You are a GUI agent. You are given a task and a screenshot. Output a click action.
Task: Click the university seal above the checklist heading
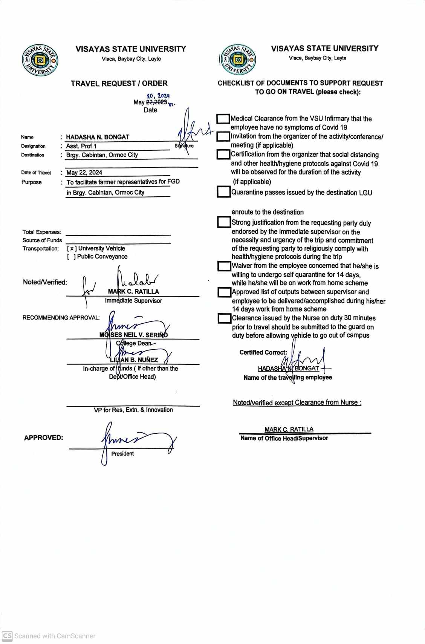(x=237, y=60)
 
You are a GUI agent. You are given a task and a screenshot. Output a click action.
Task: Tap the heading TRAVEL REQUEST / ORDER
(x=119, y=83)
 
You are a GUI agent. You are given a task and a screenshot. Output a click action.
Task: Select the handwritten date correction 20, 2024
(x=158, y=96)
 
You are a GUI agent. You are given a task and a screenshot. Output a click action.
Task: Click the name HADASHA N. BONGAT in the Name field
(x=98, y=137)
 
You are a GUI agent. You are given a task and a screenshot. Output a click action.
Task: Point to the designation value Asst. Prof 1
(x=81, y=146)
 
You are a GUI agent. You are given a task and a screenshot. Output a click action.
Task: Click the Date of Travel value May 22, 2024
(x=84, y=173)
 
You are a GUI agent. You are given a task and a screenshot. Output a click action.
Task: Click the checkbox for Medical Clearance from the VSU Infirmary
(x=223, y=119)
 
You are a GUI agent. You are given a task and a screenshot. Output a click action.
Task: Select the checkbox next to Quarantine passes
(x=224, y=192)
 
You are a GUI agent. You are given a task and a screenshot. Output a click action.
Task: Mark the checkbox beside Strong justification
(x=224, y=222)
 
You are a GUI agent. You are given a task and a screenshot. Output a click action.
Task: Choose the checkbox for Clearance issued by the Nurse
(x=225, y=318)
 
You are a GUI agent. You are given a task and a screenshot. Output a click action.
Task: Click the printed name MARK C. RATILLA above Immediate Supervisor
(x=133, y=292)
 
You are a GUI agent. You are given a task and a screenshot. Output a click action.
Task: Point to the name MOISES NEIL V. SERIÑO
(x=134, y=335)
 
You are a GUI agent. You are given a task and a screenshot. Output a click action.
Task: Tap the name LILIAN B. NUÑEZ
(x=134, y=360)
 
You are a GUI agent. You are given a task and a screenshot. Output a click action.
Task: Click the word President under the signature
(x=122, y=454)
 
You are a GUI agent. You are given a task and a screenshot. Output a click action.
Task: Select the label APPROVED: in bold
(x=44, y=438)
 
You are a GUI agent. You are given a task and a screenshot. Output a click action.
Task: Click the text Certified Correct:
(x=263, y=352)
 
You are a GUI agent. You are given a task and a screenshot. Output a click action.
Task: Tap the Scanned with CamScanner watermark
(x=49, y=636)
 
